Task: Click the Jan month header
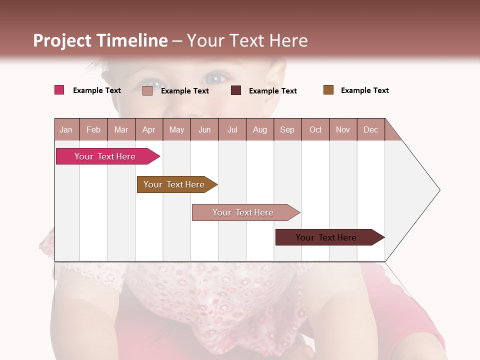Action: (x=66, y=129)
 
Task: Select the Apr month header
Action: (x=149, y=129)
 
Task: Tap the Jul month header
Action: (x=232, y=129)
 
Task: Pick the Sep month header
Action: (x=287, y=129)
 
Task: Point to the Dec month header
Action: (x=370, y=129)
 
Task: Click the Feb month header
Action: (x=93, y=129)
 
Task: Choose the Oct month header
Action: (x=315, y=129)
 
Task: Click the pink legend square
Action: (x=59, y=90)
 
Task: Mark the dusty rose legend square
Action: (x=147, y=90)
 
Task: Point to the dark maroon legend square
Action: (x=236, y=90)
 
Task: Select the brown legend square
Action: (x=328, y=90)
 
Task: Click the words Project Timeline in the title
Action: (x=100, y=40)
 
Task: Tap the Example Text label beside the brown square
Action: (x=364, y=90)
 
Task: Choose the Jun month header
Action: (x=204, y=129)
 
